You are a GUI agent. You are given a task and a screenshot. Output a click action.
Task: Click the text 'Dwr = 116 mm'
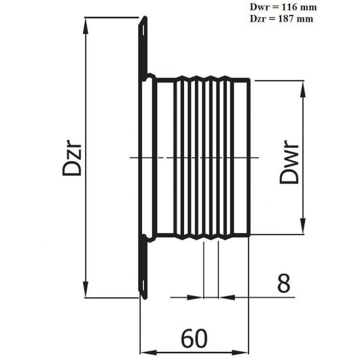coord(283,7)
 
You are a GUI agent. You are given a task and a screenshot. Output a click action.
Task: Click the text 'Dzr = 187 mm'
coord(281,19)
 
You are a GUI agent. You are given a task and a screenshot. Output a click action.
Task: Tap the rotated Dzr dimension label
coord(72,160)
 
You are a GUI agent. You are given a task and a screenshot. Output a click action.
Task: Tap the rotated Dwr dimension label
coord(289,162)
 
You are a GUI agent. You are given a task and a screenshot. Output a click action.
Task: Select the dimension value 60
coord(194,338)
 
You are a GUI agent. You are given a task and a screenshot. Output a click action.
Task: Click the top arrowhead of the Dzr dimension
coord(85,26)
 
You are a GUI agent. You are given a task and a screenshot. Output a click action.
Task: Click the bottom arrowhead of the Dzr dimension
coord(85,289)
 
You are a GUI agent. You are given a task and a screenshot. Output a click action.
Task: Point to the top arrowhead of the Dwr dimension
coord(303,89)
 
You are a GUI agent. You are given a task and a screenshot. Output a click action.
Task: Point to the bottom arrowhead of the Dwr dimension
coord(303,226)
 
